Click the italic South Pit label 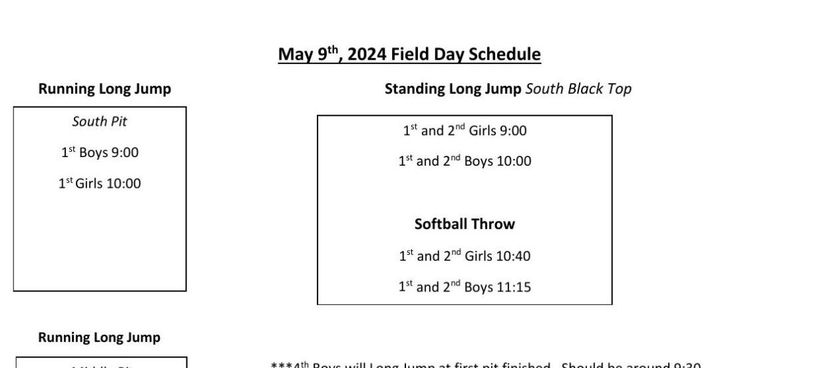pos(100,122)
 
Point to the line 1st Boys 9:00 pos(100,152)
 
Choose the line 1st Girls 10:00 pos(100,183)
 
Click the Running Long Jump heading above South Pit pos(104,89)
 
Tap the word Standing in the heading pos(413,89)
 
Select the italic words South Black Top pos(578,89)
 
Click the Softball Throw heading pos(465,224)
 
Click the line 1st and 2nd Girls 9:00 pos(465,131)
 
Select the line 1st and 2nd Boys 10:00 pos(465,161)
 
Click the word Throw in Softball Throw pos(493,224)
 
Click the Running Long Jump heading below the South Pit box pos(99,337)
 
